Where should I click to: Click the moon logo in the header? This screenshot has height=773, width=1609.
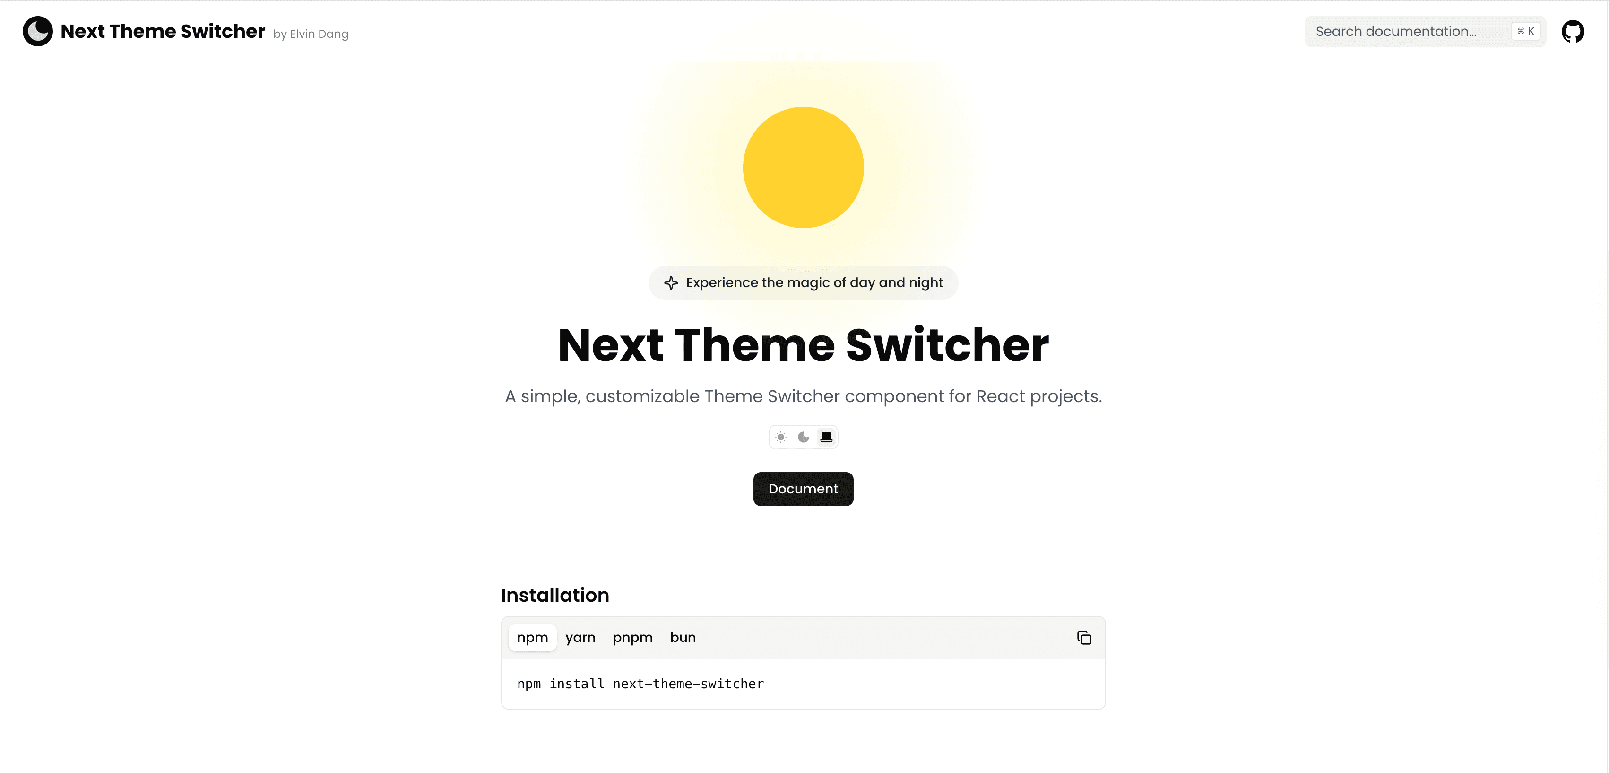tap(37, 31)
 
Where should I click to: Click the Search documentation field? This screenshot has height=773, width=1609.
tap(1399, 31)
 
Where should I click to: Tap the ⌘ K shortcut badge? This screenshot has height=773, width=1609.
tap(1525, 31)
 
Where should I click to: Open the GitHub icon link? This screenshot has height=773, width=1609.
tap(1572, 31)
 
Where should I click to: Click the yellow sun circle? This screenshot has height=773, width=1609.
tap(803, 167)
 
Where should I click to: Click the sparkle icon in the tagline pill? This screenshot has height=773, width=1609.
tap(671, 283)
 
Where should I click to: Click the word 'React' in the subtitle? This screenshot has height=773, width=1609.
tap(1000, 396)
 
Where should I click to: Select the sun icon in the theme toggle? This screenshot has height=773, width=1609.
tap(781, 438)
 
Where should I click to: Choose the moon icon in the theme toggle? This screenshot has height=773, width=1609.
tap(803, 438)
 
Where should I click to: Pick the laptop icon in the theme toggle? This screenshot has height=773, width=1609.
tap(826, 438)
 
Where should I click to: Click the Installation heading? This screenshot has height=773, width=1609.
tap(554, 595)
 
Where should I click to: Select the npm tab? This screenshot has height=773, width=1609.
tap(532, 637)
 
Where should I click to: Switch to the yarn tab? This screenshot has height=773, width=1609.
tap(580, 637)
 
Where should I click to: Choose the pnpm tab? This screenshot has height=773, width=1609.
tap(632, 637)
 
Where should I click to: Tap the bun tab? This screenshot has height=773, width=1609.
tap(683, 637)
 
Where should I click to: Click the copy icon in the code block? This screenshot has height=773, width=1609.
tap(1084, 637)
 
